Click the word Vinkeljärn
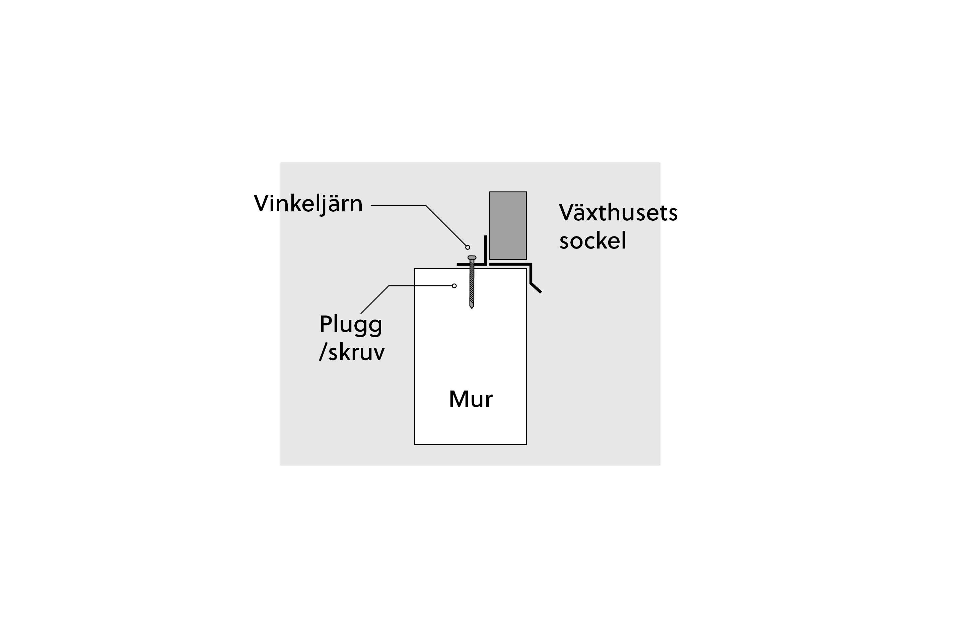pyautogui.click(x=308, y=204)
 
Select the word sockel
pyautogui.click(x=592, y=240)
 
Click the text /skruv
pyautogui.click(x=351, y=352)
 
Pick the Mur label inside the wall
pyautogui.click(x=471, y=399)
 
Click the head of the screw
pyautogui.click(x=472, y=257)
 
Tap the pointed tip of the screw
pyautogui.click(x=472, y=308)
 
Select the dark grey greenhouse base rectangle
pyautogui.click(x=508, y=225)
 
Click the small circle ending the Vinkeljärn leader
pyautogui.click(x=468, y=247)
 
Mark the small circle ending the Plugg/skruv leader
pyautogui.click(x=454, y=286)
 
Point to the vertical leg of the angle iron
pyautogui.click(x=486, y=250)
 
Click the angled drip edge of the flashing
pyautogui.click(x=536, y=287)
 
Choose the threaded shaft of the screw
pyautogui.click(x=472, y=283)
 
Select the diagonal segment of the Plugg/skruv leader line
pyautogui.click(x=375, y=300)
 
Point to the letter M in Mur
pyautogui.click(x=458, y=399)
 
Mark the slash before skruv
pyautogui.click(x=323, y=352)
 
